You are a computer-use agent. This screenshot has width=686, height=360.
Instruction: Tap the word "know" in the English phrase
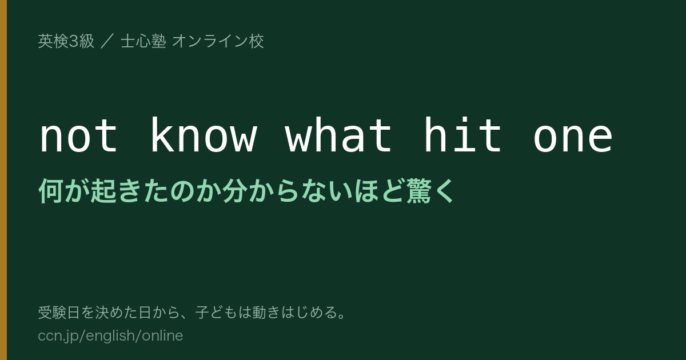point(204,134)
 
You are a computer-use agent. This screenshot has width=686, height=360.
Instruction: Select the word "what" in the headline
point(338,134)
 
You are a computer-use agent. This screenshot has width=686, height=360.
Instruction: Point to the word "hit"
point(462,134)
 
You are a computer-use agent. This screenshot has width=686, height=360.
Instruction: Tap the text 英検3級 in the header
point(66,41)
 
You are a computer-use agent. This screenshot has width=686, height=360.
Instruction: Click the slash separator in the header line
point(107,41)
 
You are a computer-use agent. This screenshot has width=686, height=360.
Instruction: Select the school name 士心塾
point(143,41)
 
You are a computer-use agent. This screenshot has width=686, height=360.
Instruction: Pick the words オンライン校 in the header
point(218,41)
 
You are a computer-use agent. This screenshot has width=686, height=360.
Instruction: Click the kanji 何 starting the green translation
point(51,191)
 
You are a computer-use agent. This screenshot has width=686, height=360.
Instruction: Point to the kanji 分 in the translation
point(234,191)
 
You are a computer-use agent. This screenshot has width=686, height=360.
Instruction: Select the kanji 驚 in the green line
point(418,191)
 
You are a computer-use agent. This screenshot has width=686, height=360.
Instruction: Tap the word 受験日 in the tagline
point(59,313)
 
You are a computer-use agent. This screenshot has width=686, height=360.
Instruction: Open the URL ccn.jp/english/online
point(110,336)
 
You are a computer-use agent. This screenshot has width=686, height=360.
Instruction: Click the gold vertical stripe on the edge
point(3,180)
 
